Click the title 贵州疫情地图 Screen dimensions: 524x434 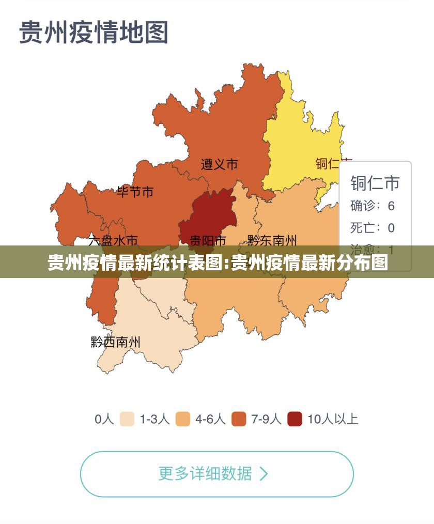tap(94, 32)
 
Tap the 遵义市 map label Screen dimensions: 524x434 tap(219, 164)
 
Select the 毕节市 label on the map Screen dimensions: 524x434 tap(135, 192)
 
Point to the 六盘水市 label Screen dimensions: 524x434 tap(113, 241)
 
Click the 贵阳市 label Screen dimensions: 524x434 tap(208, 241)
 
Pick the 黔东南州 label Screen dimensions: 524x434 tap(272, 241)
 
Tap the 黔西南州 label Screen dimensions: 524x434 tap(116, 342)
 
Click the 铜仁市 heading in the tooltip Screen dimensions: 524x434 tap(375, 183)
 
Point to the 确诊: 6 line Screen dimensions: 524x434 tap(373, 206)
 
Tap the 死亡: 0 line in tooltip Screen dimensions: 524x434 tap(373, 228)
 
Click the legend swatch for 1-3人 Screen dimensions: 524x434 tap(127, 419)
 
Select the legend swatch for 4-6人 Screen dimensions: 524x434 tap(183, 419)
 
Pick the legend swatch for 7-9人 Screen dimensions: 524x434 tap(239, 419)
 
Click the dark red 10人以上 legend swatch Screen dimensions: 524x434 tap(295, 419)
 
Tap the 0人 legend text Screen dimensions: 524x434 tap(104, 419)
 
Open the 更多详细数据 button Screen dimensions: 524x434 tap(216, 474)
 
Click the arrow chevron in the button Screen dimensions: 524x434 tap(264, 474)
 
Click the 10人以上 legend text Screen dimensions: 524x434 tap(333, 419)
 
